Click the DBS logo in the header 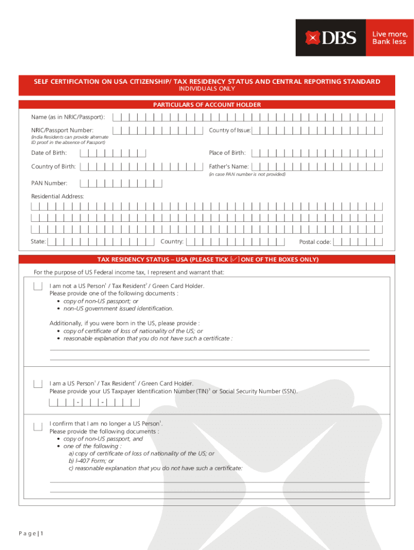tap(331, 38)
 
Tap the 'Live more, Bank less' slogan tap(389, 38)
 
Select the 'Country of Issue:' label tap(230, 131)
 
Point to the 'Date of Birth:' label tap(49, 153)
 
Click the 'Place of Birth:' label tap(227, 153)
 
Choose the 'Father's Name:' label tap(229, 167)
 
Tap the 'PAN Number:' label tap(49, 183)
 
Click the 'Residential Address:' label tap(58, 197)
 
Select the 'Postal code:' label tap(315, 242)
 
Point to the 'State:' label tap(38, 242)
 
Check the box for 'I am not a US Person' tap(38, 286)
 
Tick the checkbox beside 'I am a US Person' tap(38, 384)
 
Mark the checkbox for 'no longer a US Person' tap(38, 427)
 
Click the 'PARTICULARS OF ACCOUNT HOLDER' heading tap(207, 105)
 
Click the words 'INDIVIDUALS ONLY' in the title tap(207, 89)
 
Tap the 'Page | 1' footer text tap(30, 533)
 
